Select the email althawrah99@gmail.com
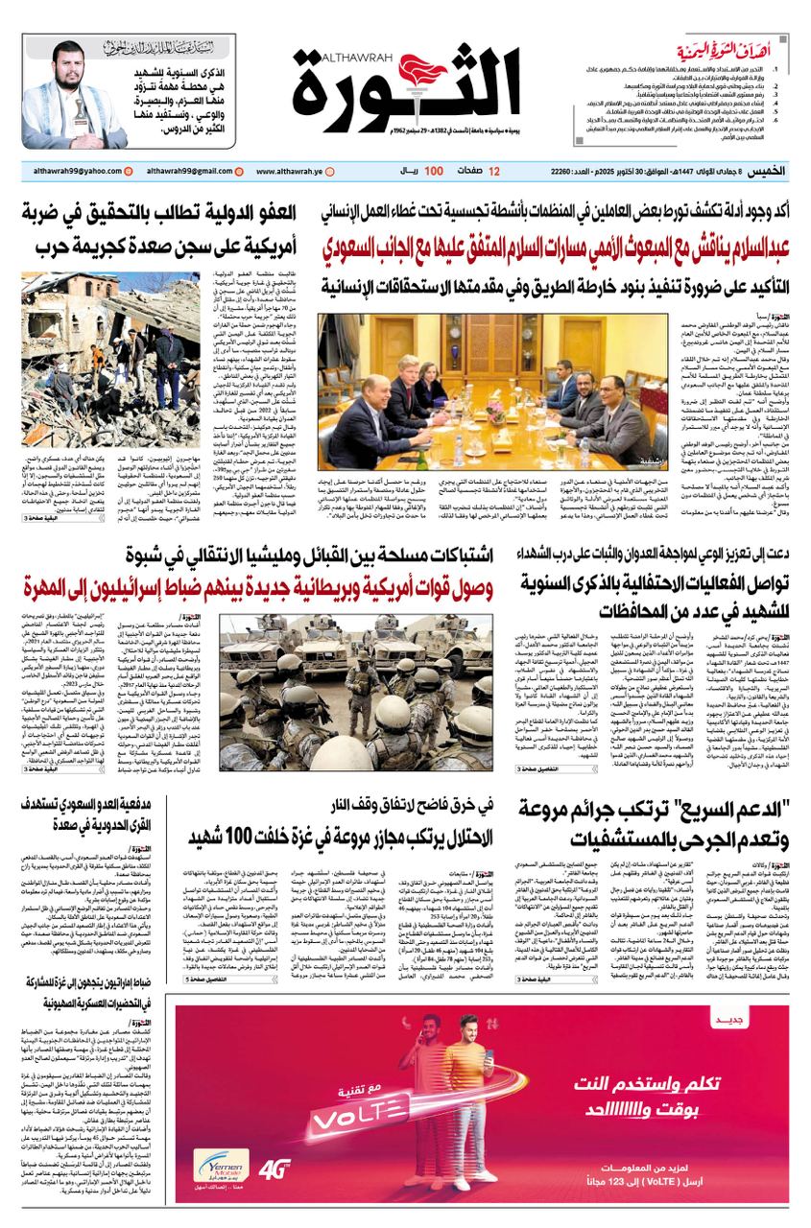point(186,171)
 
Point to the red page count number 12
point(494,171)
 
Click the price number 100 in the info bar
point(434,171)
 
